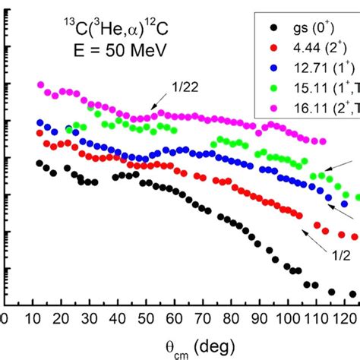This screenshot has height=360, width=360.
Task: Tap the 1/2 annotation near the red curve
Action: [339, 255]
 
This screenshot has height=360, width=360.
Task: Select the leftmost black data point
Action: [40, 163]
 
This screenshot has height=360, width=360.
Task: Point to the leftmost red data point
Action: [40, 133]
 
